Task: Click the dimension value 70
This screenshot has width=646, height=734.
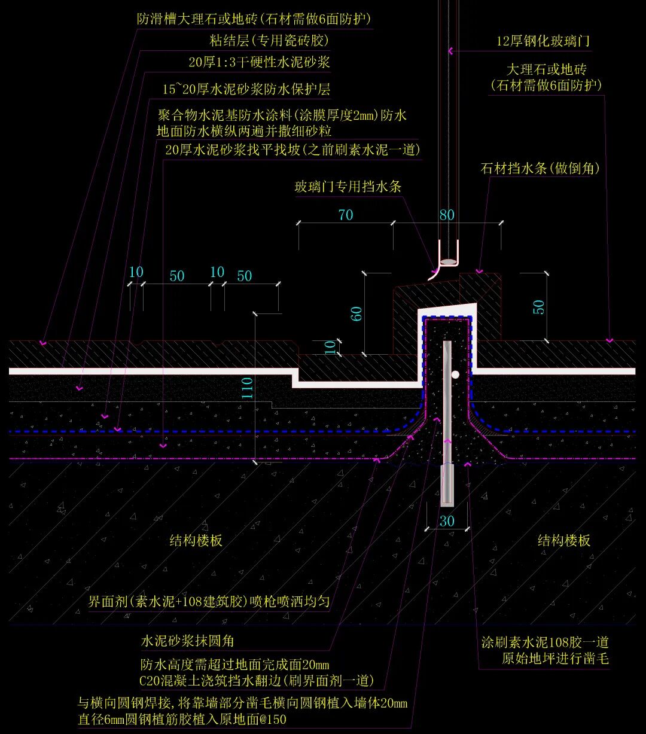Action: pyautogui.click(x=346, y=215)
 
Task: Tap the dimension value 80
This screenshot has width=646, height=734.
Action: pyautogui.click(x=447, y=215)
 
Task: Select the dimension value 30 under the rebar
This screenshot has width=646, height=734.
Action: pyautogui.click(x=447, y=521)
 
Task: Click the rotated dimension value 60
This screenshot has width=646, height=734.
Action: pyautogui.click(x=356, y=313)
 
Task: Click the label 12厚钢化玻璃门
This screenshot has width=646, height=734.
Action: pyautogui.click(x=544, y=41)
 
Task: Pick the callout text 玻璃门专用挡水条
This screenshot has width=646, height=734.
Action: pyautogui.click(x=348, y=187)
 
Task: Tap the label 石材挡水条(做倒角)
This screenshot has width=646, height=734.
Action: pyautogui.click(x=540, y=169)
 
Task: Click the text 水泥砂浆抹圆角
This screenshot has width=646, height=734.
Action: pyautogui.click(x=187, y=641)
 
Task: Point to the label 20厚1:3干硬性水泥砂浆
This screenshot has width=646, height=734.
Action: pyautogui.click(x=259, y=62)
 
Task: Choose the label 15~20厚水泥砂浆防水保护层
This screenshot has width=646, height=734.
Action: pyautogui.click(x=246, y=90)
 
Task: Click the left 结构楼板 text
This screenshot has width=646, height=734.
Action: pyautogui.click(x=196, y=541)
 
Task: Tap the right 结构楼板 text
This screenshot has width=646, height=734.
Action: pyautogui.click(x=564, y=541)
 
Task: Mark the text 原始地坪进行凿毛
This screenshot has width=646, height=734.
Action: pyautogui.click(x=554, y=659)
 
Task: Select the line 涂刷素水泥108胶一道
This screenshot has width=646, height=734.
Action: pyautogui.click(x=545, y=642)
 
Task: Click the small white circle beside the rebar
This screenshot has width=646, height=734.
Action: pyautogui.click(x=455, y=375)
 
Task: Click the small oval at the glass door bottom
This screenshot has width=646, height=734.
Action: pyautogui.click(x=447, y=262)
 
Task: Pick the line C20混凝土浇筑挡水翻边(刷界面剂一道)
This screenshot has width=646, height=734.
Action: pyautogui.click(x=257, y=680)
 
